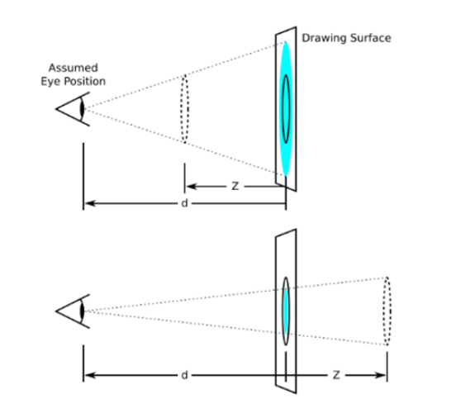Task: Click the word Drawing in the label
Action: tap(324, 39)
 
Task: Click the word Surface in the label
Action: tap(370, 38)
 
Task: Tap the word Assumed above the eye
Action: tap(73, 68)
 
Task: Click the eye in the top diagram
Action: tap(73, 109)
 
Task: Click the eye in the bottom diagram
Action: tap(73, 311)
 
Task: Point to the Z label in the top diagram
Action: tap(235, 186)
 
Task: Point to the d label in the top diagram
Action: tap(184, 203)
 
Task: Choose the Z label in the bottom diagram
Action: tap(336, 375)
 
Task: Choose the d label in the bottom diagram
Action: tap(184, 375)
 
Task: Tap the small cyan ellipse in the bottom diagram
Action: tap(286, 311)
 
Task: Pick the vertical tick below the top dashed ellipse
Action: tap(184, 178)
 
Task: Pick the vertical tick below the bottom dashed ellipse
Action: tap(387, 367)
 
